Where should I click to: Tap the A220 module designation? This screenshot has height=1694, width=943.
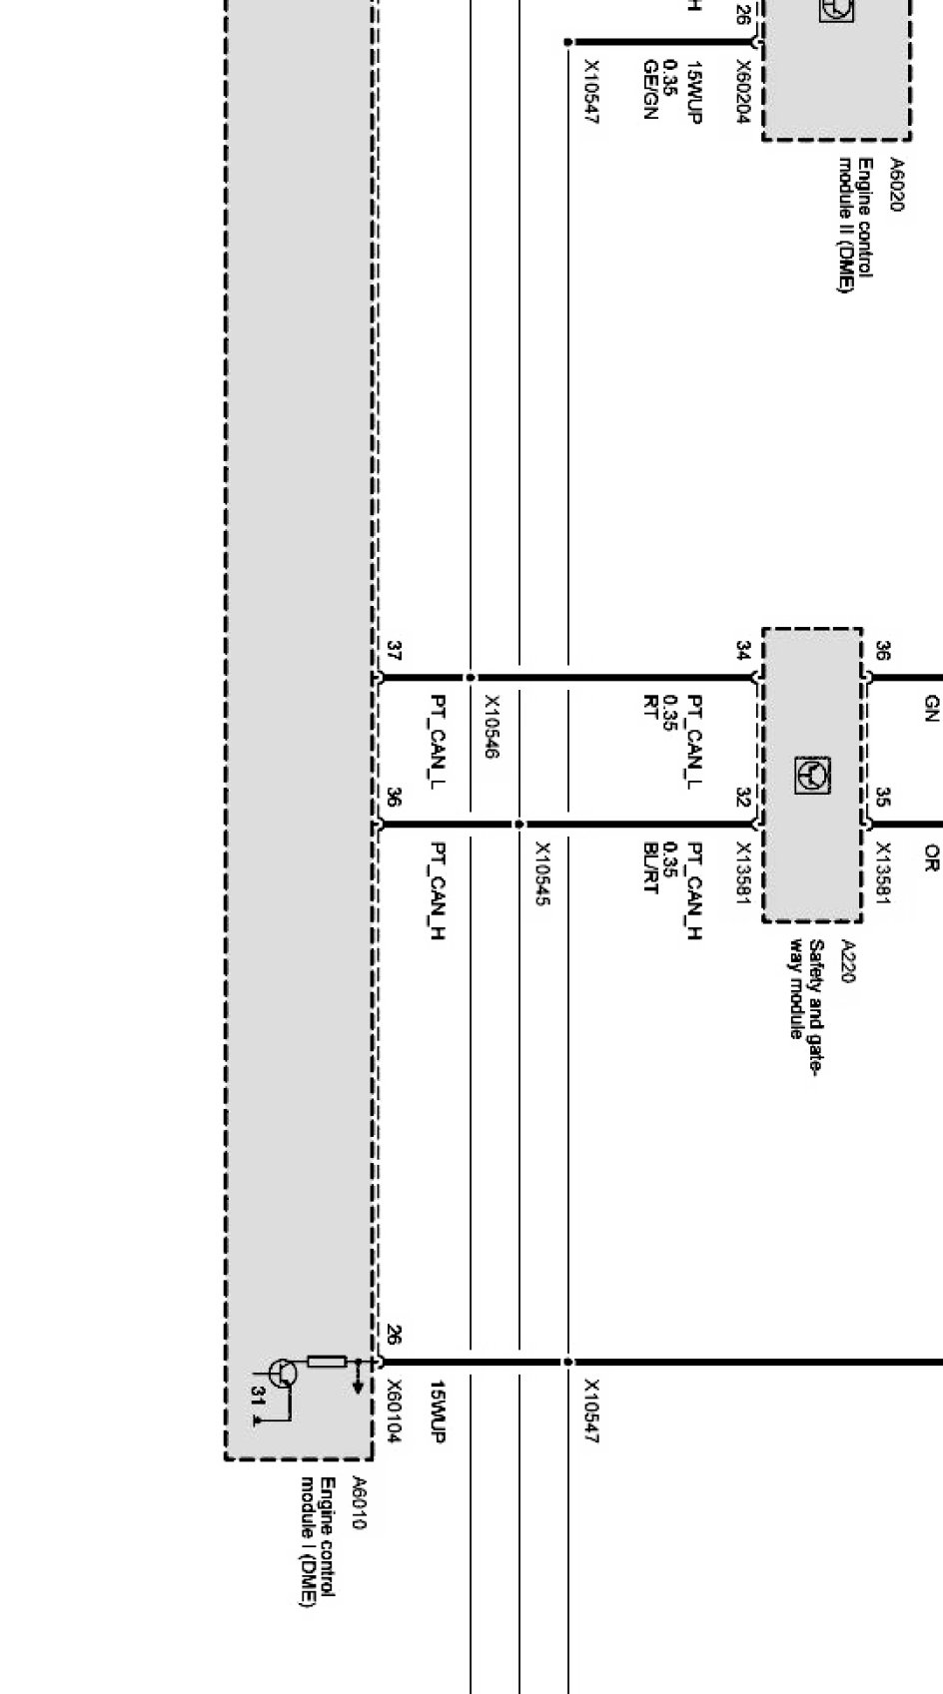click(848, 960)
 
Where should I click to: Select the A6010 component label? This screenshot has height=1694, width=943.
click(360, 1502)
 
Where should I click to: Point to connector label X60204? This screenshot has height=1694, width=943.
click(743, 92)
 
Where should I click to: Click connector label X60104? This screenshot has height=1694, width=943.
click(395, 1412)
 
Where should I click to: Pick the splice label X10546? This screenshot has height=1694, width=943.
click(491, 727)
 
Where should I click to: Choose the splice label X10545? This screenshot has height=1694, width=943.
click(541, 873)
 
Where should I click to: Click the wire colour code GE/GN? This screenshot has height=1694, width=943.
click(650, 90)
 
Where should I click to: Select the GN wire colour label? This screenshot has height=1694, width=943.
click(931, 709)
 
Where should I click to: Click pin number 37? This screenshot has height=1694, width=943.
click(394, 652)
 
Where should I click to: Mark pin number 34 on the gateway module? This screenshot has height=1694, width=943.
click(743, 651)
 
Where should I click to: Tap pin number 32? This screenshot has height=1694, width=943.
click(743, 798)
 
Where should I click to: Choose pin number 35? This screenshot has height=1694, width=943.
click(883, 798)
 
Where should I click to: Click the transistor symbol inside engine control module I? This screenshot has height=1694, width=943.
click(284, 1374)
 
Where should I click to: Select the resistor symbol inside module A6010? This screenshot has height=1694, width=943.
click(327, 1362)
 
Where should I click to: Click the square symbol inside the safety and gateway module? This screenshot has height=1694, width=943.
click(811, 775)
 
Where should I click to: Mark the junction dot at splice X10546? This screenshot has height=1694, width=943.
click(471, 678)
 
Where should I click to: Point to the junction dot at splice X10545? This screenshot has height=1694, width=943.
click(519, 825)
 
